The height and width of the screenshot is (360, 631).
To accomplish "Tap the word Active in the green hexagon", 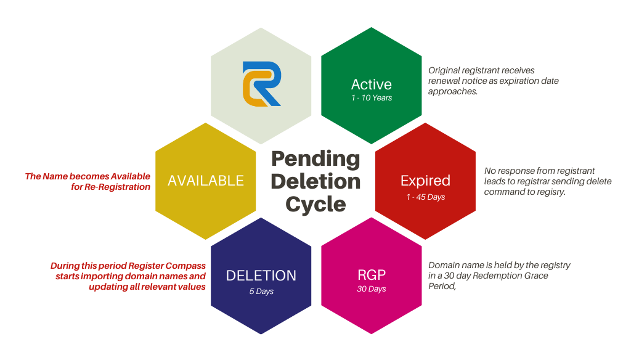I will [x=371, y=84].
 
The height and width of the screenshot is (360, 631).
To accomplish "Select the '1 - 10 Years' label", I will [x=371, y=97].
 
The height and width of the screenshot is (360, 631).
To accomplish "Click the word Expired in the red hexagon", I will [x=425, y=181].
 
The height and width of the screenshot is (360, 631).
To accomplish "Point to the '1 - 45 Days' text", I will [x=425, y=197].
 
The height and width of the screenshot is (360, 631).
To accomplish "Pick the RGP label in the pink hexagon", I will [x=372, y=276].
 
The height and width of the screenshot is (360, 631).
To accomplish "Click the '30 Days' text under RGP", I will [x=372, y=289].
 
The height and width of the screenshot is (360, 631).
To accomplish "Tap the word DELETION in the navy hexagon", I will [x=261, y=276].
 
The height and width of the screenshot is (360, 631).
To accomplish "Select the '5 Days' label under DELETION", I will [x=261, y=291].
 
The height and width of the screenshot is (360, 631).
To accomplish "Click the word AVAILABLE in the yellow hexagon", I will [x=206, y=181].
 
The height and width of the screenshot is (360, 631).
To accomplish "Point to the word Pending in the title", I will [x=315, y=158].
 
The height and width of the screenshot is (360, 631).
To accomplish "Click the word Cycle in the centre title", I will [x=315, y=203].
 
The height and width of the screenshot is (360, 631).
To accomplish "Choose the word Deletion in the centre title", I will [x=315, y=181].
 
